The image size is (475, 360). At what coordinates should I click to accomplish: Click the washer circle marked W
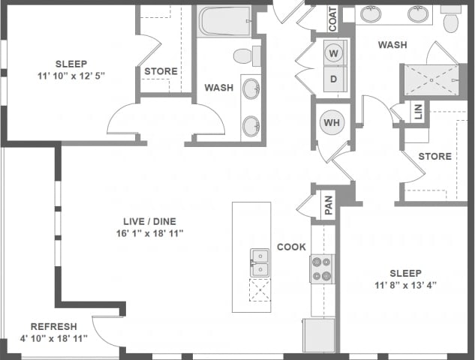pos(334,53)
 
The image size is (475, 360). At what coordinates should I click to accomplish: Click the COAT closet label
pos(332,19)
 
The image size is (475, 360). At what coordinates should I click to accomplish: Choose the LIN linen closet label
pos(418,112)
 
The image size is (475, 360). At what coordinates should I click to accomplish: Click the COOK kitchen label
pos(291,247)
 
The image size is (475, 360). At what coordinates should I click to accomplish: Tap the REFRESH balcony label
pos(53,326)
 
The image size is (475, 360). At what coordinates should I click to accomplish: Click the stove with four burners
pos(323,268)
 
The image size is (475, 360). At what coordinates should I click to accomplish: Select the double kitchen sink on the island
pos(260,263)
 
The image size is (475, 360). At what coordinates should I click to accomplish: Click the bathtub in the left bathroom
pos(224,22)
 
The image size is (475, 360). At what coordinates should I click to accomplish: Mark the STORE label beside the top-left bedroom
pos(161,72)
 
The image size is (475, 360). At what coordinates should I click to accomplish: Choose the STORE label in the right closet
pos(434,157)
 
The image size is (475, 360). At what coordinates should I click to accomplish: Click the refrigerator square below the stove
pos(319,334)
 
